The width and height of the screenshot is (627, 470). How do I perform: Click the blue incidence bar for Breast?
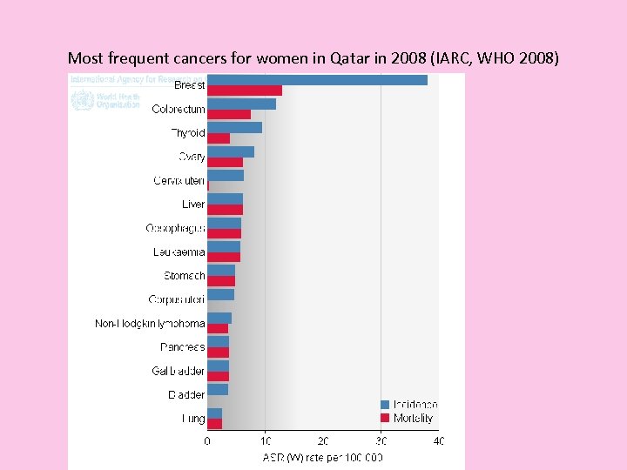pyautogui.click(x=317, y=80)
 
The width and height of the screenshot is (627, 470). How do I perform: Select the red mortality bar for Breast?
pyautogui.click(x=244, y=91)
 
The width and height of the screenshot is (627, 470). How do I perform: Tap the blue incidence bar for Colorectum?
pyautogui.click(x=241, y=104)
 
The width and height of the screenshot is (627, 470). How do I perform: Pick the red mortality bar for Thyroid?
pyautogui.click(x=219, y=138)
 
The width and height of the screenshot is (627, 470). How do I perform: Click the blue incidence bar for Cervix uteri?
pyautogui.click(x=225, y=175)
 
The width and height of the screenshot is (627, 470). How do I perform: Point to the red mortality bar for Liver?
pyautogui.click(x=225, y=210)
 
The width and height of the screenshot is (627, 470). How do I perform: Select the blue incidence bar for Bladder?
pyautogui.click(x=218, y=389)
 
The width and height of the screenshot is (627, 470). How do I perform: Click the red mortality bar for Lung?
pyautogui.click(x=214, y=424)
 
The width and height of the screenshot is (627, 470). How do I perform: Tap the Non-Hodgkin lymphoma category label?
pyautogui.click(x=150, y=324)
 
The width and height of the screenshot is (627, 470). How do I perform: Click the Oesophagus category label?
pyautogui.click(x=175, y=228)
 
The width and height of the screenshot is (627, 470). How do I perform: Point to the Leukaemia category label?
pyautogui.click(x=179, y=252)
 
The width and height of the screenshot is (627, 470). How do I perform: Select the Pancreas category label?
pyautogui.click(x=182, y=347)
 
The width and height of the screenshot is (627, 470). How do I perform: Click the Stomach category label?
pyautogui.click(x=184, y=276)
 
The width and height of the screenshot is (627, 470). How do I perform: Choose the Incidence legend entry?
pyautogui.click(x=408, y=405)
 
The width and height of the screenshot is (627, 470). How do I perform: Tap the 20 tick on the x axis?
pyautogui.click(x=323, y=441)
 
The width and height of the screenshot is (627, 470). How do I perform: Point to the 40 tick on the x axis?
pyautogui.click(x=438, y=441)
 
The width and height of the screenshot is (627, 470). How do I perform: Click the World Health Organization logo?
pyautogui.click(x=105, y=100)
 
